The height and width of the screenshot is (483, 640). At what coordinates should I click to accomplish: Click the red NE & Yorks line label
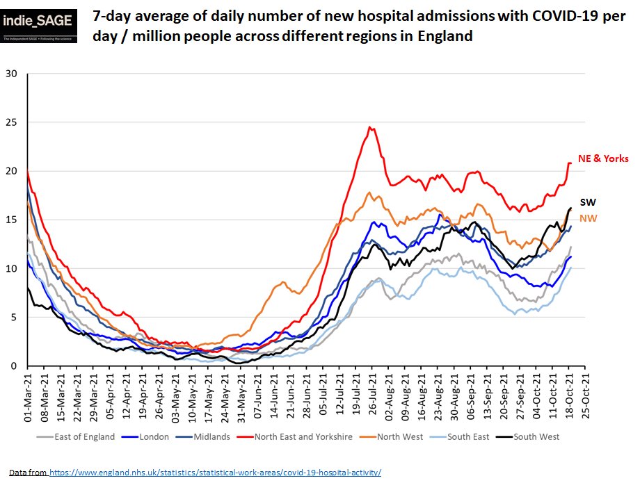click(602, 159)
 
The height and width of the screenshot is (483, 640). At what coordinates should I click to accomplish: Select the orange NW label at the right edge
click(588, 218)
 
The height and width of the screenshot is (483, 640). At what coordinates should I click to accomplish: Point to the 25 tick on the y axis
click(12, 122)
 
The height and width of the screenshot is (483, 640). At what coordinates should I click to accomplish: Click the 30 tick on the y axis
click(12, 74)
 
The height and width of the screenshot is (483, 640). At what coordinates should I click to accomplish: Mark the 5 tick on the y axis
click(15, 318)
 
